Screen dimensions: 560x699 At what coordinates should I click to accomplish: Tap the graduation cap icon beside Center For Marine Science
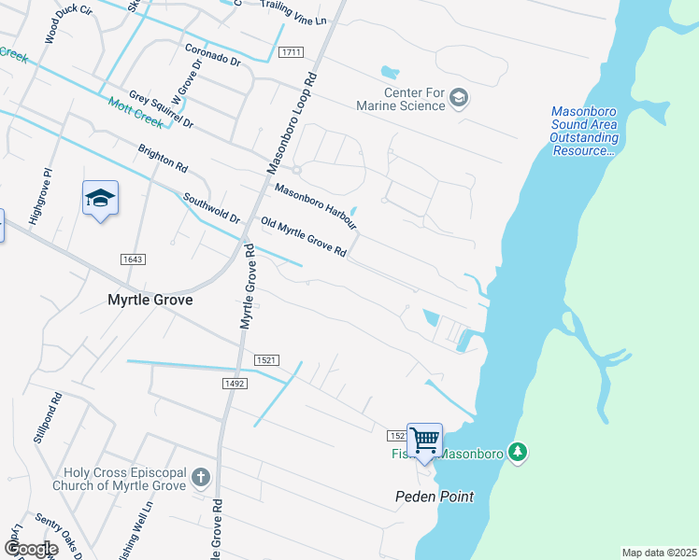459,98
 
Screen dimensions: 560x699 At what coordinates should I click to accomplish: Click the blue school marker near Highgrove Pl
100,199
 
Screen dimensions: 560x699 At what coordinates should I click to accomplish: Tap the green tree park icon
519,453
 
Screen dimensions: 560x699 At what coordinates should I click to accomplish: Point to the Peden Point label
434,497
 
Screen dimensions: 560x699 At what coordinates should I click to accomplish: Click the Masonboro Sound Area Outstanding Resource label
584,132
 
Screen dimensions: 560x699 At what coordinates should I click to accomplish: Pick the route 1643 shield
133,258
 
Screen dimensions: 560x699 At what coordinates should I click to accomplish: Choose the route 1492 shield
234,383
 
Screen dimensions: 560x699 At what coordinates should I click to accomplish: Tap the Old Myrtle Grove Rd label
304,237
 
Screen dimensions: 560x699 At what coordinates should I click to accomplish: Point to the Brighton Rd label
163,159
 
